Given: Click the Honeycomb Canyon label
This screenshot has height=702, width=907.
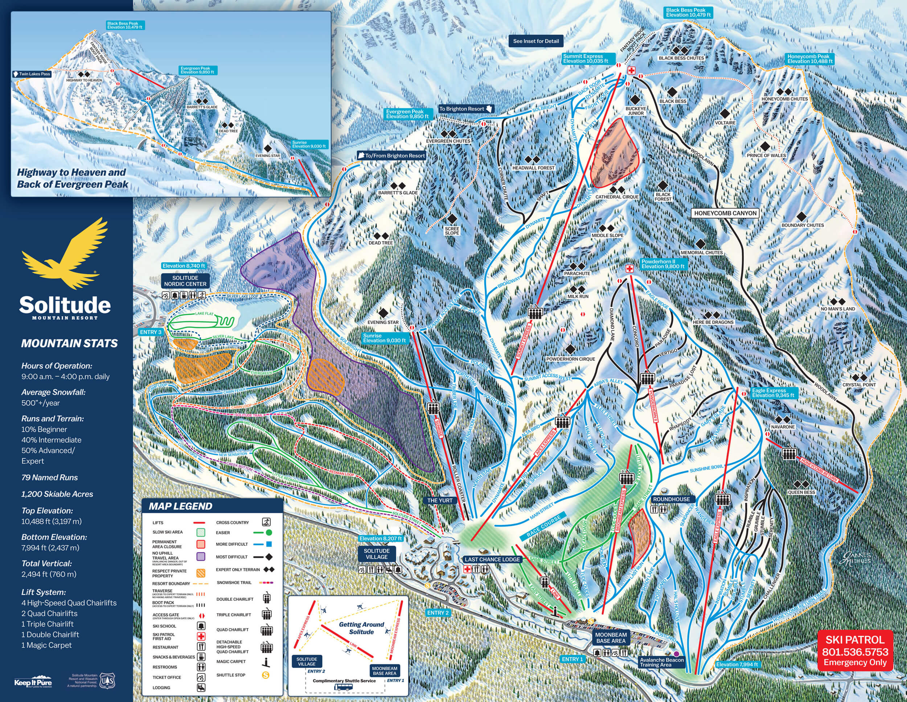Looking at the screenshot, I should (x=725, y=213).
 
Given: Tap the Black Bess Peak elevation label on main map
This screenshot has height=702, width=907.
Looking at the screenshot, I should (x=688, y=12).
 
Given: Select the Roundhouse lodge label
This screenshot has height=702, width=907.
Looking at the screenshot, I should (x=671, y=499).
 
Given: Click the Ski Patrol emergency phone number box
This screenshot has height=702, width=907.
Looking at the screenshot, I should (x=855, y=651).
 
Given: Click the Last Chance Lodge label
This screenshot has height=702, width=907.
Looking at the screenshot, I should (x=492, y=559).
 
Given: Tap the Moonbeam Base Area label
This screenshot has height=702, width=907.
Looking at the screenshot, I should (x=611, y=638).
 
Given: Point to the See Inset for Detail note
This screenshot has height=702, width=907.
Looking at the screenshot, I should (x=536, y=41).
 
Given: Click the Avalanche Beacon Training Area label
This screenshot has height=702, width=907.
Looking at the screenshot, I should (x=661, y=662).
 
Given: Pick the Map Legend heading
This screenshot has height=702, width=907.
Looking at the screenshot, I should (x=181, y=506).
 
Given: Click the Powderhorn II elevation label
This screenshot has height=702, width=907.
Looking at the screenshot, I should (x=663, y=264).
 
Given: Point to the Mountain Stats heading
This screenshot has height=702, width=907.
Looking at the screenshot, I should (x=69, y=343).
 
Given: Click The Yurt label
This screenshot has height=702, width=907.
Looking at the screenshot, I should (x=440, y=500).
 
